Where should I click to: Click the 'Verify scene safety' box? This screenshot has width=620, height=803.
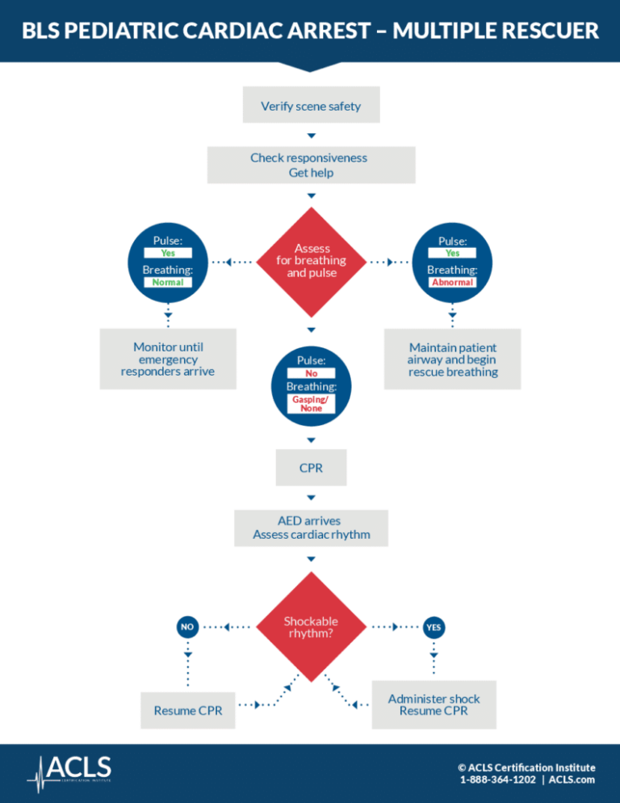pos(311,105)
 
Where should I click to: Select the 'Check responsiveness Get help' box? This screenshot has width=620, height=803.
pos(311,165)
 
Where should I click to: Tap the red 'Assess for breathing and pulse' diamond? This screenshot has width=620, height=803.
pos(311,261)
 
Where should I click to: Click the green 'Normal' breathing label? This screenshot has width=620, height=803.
pos(168,283)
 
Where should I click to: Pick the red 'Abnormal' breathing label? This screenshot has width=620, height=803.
pos(452,283)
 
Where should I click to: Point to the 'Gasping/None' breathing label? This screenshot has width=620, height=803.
pos(311,404)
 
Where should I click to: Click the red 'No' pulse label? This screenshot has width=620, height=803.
pos(311,373)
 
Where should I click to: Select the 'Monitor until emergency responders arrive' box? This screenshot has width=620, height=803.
pos(168,359)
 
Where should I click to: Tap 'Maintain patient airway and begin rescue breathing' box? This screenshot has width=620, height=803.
pos(452,359)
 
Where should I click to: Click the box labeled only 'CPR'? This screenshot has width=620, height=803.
pos(311,468)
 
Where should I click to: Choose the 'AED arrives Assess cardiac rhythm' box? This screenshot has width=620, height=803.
pos(311,528)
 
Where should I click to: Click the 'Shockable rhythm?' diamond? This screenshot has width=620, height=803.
pos(311,627)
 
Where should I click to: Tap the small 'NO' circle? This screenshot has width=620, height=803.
pos(186,626)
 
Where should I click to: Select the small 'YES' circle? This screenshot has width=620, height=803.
pos(434,626)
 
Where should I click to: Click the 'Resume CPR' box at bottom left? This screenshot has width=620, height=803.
pos(187,710)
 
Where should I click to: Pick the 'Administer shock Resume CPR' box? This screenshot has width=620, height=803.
pos(434,704)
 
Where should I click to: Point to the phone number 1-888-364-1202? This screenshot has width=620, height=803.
pos(496,780)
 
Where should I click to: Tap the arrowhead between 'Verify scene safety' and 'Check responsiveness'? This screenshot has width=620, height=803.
pos(311,135)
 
